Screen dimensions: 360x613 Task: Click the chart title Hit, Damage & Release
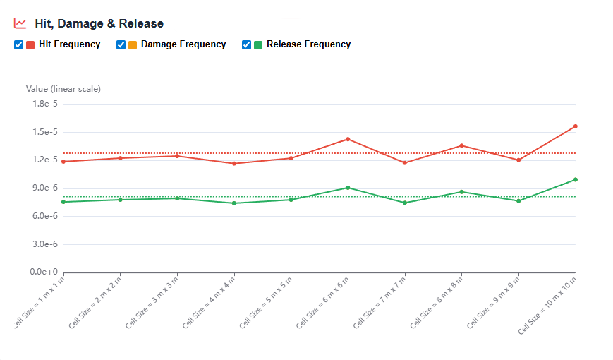point(99,23)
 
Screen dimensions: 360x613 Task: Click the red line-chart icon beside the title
point(20,23)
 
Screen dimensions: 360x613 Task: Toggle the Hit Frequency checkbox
point(19,44)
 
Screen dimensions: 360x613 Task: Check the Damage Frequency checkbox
point(121,44)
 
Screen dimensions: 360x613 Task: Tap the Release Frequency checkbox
point(247,44)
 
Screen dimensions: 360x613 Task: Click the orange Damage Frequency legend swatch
point(133,44)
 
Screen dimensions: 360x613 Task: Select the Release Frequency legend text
point(308,44)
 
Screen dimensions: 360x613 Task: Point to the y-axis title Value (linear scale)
point(63,89)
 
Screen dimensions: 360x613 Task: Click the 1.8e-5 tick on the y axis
point(44,104)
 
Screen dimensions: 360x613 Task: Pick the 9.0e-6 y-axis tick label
point(44,188)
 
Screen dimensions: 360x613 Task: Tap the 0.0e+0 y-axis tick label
point(44,272)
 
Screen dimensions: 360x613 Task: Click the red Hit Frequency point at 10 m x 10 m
point(576,126)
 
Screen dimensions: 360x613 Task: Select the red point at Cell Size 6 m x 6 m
point(348,139)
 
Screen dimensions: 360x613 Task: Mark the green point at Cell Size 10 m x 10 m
point(576,179)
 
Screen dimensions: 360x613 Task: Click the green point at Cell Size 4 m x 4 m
point(234,203)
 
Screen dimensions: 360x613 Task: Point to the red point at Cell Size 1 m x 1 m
point(63,162)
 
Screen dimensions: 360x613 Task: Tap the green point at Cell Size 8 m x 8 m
point(461,192)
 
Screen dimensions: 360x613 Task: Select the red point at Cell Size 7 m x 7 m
point(405,163)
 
